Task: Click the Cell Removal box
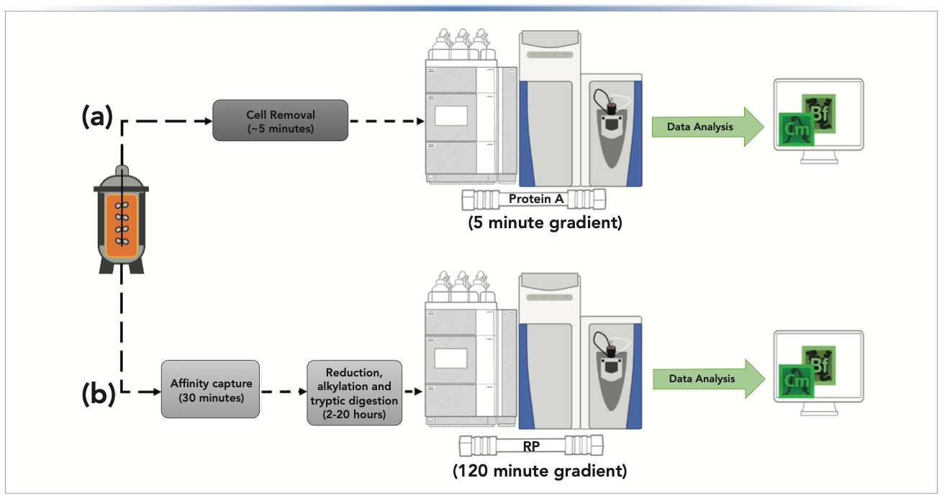coord(281,120)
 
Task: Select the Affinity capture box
coord(200,389)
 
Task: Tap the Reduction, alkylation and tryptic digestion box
coord(353,392)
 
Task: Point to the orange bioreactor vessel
coord(121,225)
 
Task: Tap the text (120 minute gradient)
coord(539,471)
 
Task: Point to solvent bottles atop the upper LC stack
coord(459,45)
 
